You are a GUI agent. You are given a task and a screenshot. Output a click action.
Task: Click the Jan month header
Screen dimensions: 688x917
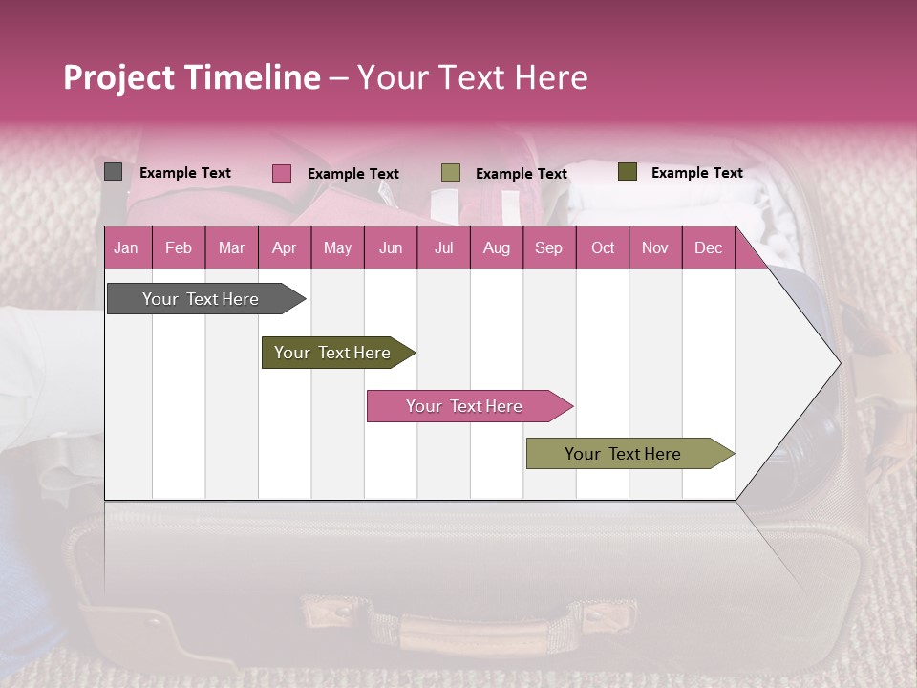point(126,248)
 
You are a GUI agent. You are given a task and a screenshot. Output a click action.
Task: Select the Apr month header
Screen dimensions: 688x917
point(284,248)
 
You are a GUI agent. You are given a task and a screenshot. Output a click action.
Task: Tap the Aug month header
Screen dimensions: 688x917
point(496,248)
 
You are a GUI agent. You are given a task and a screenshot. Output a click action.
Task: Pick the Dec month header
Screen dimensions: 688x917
point(708,248)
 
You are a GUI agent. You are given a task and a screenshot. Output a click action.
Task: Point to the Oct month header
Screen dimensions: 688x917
point(602,248)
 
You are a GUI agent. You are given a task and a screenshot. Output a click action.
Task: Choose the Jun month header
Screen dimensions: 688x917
point(390,248)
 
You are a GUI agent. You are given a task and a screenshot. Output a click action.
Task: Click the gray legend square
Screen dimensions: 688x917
point(114,172)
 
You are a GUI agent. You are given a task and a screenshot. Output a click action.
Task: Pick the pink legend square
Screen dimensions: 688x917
point(282,173)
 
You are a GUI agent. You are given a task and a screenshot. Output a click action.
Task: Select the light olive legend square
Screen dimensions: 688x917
point(451,173)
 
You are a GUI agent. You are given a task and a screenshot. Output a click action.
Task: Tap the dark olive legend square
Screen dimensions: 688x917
point(627,172)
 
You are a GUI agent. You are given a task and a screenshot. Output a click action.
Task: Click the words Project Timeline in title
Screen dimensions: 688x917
point(192,77)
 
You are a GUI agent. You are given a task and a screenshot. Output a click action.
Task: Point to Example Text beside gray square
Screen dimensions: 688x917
point(185,173)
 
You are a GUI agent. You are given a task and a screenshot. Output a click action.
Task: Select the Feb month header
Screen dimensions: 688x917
point(179,248)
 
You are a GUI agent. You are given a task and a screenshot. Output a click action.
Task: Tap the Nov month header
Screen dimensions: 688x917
point(655,248)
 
